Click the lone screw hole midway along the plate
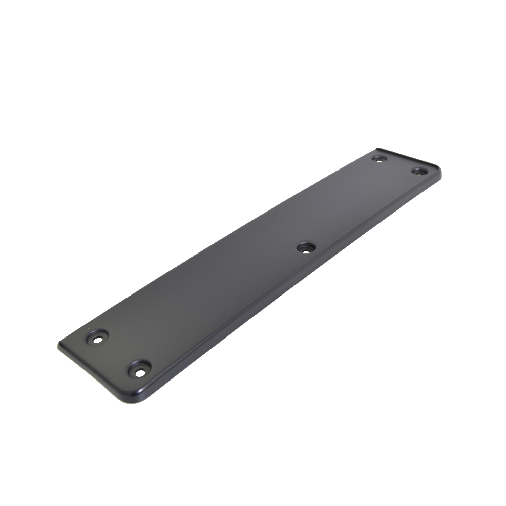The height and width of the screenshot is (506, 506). (306, 248)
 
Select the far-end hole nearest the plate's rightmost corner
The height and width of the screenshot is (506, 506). (419, 171)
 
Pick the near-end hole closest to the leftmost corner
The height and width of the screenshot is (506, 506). (98, 337)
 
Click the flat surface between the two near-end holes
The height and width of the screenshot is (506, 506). (118, 353)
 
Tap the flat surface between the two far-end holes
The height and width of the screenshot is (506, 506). (399, 165)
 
